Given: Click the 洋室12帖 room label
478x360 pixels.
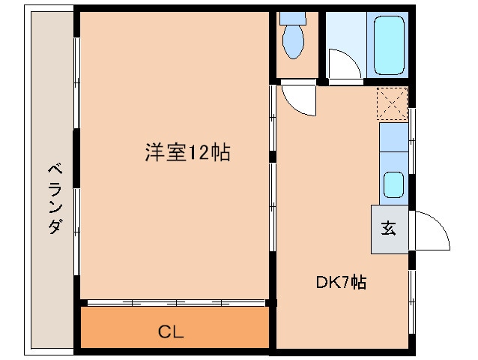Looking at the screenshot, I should coord(187,153).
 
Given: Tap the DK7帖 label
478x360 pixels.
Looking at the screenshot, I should coord(340,283).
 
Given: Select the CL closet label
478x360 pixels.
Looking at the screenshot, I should coord(171,331).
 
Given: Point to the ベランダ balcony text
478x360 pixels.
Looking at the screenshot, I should coord(52,198).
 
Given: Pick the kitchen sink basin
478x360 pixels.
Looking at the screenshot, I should coord(393,184).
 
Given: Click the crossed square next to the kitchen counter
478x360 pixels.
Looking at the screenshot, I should coord(393,103).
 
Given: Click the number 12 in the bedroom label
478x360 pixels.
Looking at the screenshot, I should coord(201,153).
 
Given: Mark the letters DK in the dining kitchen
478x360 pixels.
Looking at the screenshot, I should coord(327,283).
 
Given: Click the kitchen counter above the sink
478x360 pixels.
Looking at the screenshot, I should coord(393,145).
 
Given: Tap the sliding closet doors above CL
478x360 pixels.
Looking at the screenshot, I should coord(176,302).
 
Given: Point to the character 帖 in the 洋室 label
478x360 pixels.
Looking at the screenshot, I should coord(220,153).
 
